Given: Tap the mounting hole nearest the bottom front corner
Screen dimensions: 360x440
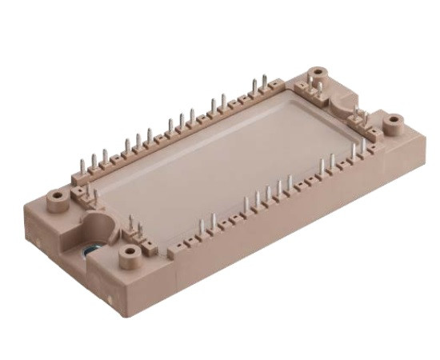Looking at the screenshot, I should [129, 254].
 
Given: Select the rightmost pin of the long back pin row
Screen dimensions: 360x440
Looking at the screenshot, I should [265, 82].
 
